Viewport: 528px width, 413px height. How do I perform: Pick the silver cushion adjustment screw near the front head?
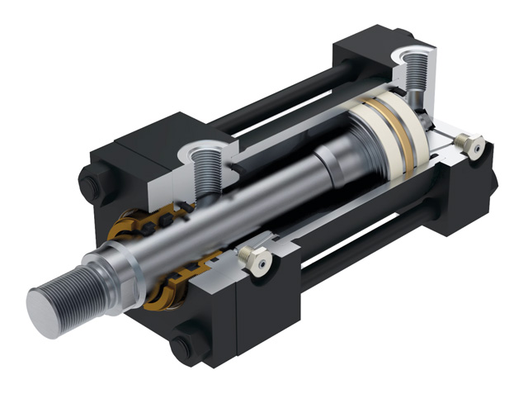(257, 260)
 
